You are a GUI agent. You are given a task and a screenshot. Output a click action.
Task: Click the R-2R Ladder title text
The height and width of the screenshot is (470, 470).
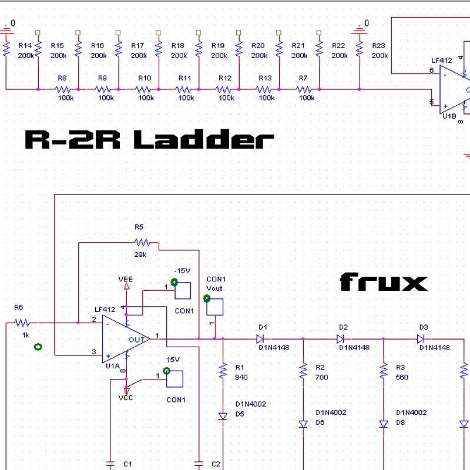click(x=149, y=140)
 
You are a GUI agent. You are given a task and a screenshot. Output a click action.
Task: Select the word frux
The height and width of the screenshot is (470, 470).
click(x=383, y=283)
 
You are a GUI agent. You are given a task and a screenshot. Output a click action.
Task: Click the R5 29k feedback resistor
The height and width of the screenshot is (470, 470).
click(x=142, y=242)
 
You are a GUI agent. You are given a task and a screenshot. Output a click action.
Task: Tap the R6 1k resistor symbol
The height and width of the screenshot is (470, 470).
click(x=22, y=323)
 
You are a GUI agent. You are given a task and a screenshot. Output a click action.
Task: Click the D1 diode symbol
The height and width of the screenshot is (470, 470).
click(x=260, y=338)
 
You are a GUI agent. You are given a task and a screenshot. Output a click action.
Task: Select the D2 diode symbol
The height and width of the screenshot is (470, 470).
click(x=340, y=338)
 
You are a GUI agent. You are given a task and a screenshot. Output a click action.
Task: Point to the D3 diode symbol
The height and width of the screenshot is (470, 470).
click(x=421, y=338)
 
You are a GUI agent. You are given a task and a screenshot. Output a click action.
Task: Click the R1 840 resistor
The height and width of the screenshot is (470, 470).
click(x=223, y=371)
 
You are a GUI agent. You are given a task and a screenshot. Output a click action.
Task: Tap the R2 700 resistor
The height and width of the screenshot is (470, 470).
click(x=303, y=371)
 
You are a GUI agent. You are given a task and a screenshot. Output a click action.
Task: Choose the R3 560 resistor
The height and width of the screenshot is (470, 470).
click(x=384, y=371)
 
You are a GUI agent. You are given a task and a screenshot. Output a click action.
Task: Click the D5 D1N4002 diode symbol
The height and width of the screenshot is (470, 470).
click(x=223, y=416)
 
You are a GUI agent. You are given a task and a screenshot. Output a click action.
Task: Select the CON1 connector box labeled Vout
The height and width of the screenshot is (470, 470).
click(x=214, y=306)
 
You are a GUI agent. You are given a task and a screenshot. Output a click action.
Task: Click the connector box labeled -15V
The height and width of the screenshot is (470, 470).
click(x=183, y=291)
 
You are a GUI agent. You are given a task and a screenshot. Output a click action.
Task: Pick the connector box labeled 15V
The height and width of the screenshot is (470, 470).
click(x=174, y=379)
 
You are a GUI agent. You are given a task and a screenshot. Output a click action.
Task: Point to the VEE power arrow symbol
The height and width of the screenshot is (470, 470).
click(x=126, y=286)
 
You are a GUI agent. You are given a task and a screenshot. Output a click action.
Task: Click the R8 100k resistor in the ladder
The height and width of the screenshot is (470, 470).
click(x=66, y=89)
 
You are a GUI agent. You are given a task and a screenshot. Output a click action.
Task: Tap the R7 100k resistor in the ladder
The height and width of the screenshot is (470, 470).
click(x=304, y=89)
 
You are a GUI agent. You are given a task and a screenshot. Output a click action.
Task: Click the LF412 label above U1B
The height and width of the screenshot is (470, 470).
click(x=442, y=61)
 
